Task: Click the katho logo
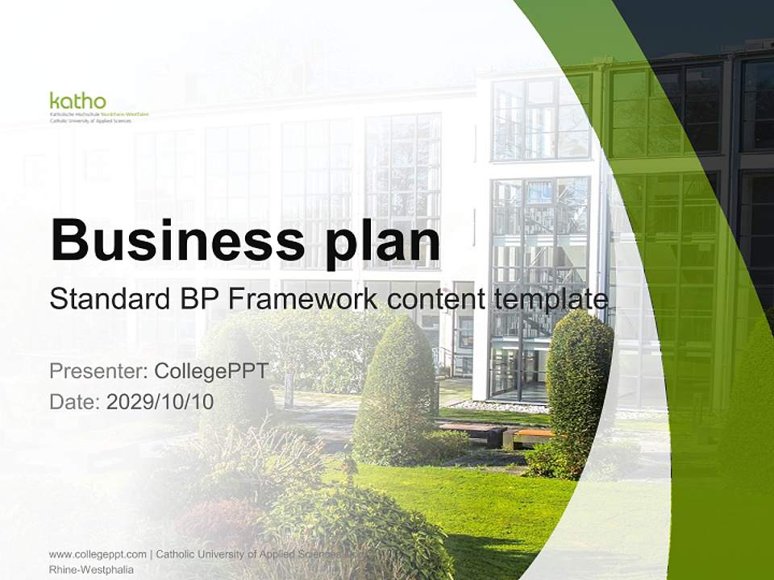(x=77, y=101)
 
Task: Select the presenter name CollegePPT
(x=210, y=371)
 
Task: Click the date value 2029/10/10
(x=160, y=402)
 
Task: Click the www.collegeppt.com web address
(x=98, y=554)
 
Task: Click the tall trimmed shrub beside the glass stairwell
(x=579, y=387)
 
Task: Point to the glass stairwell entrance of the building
(x=520, y=362)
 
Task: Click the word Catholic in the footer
(x=177, y=554)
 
